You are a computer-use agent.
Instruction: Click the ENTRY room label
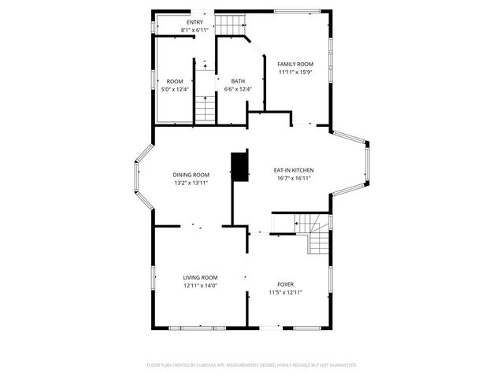click(195, 22)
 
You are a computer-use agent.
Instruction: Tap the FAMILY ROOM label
click(295, 64)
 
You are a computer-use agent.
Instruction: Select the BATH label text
click(238, 81)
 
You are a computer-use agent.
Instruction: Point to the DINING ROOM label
click(191, 174)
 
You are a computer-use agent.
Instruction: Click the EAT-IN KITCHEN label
click(294, 170)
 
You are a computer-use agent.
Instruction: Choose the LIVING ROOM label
click(200, 277)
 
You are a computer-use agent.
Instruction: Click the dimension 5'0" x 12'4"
click(175, 89)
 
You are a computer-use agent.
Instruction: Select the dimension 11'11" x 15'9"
click(295, 72)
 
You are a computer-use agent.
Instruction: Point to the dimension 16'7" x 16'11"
click(294, 178)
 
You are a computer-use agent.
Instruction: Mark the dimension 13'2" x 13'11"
click(191, 183)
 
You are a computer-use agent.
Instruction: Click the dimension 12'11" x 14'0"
click(200, 285)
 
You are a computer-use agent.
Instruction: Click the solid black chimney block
click(238, 165)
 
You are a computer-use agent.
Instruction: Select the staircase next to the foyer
click(315, 235)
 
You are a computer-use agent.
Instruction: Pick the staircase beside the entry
click(228, 25)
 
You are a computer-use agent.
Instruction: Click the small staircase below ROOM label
click(205, 108)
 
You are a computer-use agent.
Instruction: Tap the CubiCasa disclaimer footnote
click(252, 365)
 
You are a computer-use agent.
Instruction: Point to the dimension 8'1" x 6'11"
click(195, 30)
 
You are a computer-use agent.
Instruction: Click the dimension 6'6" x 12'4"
click(238, 89)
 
